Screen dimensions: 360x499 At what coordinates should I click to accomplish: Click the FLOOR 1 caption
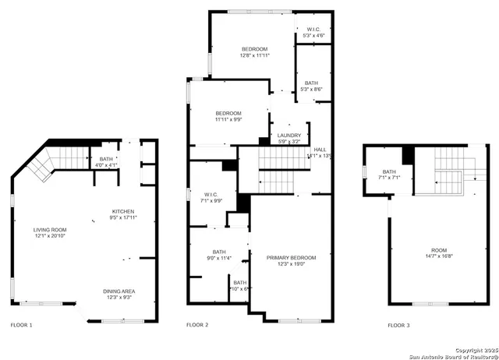(21, 324)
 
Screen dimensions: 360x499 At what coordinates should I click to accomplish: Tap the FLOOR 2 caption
(197, 324)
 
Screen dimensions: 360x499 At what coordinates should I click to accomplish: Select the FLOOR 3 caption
(400, 324)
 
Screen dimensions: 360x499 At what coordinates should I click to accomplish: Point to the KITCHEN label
(123, 211)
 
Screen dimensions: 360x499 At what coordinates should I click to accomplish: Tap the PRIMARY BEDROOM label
(291, 257)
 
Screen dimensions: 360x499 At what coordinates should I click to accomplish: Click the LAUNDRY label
(288, 136)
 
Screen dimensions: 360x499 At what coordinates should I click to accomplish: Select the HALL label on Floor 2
(320, 149)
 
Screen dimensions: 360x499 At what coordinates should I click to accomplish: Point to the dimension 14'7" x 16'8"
(430, 256)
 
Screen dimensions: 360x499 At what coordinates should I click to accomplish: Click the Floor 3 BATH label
(388, 171)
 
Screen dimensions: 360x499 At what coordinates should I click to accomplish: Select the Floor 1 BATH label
(106, 158)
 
